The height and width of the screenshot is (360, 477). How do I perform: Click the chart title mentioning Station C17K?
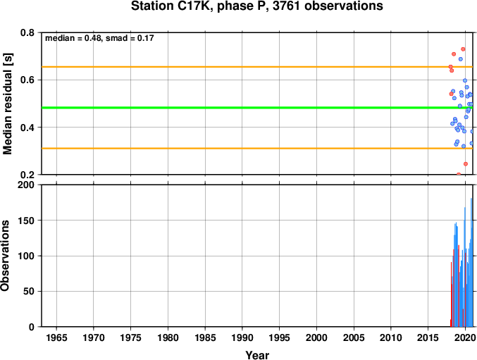pyautogui.click(x=256, y=6)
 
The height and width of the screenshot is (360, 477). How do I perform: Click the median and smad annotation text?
pyautogui.click(x=99, y=38)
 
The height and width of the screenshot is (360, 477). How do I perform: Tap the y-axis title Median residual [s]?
pyautogui.click(x=7, y=104)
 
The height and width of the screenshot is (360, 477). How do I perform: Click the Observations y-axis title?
pyautogui.click(x=5, y=256)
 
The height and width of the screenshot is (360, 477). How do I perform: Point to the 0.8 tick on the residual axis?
pyautogui.click(x=27, y=32)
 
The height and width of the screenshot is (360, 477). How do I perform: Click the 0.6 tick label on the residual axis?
pyautogui.click(x=27, y=80)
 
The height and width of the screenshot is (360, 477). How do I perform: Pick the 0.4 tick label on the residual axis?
pyautogui.click(x=27, y=127)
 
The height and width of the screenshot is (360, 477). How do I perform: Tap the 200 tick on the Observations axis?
pyautogui.click(x=26, y=185)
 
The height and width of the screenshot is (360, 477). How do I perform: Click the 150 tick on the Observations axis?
pyautogui.click(x=26, y=220)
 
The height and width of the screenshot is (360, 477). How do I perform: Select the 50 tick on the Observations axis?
pyautogui.click(x=29, y=291)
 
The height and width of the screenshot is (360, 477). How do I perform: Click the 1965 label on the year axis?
pyautogui.click(x=56, y=337)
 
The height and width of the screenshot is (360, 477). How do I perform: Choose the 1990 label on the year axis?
pyautogui.click(x=242, y=337)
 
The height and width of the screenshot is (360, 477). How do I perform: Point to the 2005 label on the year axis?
pyautogui.click(x=354, y=337)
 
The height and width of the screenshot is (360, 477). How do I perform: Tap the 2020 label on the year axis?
pyautogui.click(x=465, y=337)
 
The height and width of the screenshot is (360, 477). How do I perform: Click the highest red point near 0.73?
pyautogui.click(x=463, y=49)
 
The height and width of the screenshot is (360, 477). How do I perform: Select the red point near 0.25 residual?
pyautogui.click(x=466, y=164)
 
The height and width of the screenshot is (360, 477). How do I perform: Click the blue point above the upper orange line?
pyautogui.click(x=461, y=59)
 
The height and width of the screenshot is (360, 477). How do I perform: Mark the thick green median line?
pyautogui.click(x=257, y=108)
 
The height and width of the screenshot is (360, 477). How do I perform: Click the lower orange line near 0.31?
pyautogui.click(x=257, y=149)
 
